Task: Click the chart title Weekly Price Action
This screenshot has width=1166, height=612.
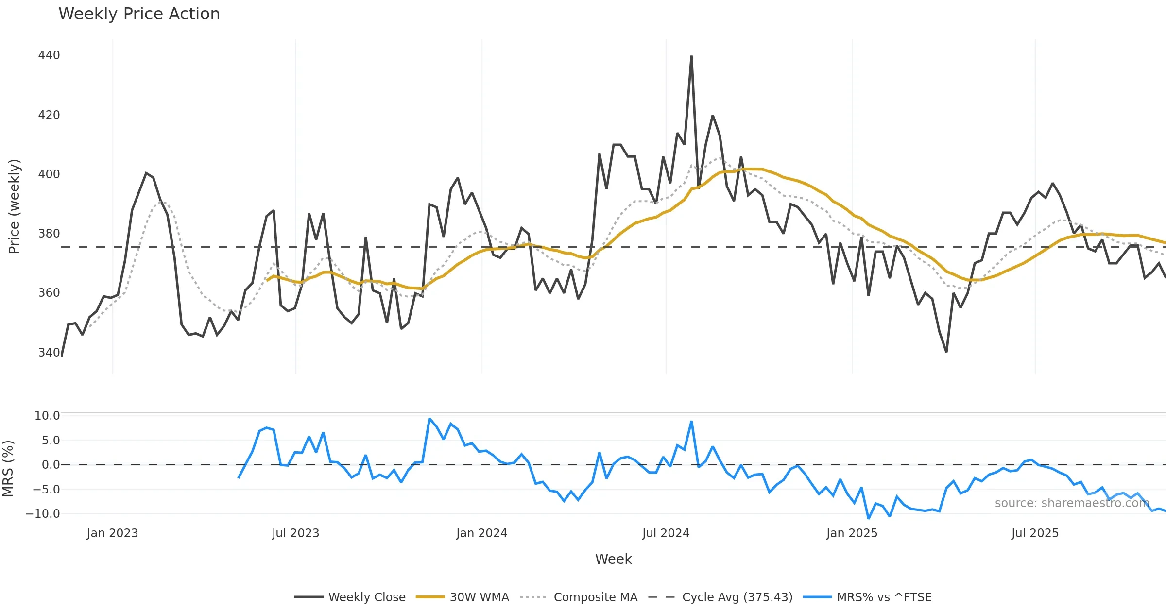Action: [x=139, y=14]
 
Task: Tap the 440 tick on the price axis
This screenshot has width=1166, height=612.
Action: [x=49, y=55]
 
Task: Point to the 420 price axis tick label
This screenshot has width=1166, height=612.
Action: [x=49, y=115]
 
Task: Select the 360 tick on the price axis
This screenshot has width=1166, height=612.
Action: [x=49, y=293]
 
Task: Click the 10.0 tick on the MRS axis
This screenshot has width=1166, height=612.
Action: [x=47, y=416]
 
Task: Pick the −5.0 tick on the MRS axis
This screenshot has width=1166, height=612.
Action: [x=46, y=489]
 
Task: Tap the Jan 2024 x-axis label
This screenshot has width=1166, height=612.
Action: [x=481, y=533]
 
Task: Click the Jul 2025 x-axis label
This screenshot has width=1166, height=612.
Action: [x=1035, y=533]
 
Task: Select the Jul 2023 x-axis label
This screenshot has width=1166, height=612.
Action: [x=295, y=533]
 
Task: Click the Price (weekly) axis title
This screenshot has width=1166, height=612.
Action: [x=14, y=206]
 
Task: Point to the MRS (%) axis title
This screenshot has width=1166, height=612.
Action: [x=8, y=469]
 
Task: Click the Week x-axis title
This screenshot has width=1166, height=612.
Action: [x=613, y=560]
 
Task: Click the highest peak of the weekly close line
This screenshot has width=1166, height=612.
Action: [x=691, y=56]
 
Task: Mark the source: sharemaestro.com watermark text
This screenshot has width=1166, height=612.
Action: [x=1072, y=503]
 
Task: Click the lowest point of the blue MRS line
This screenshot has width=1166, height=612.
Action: [x=869, y=518]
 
